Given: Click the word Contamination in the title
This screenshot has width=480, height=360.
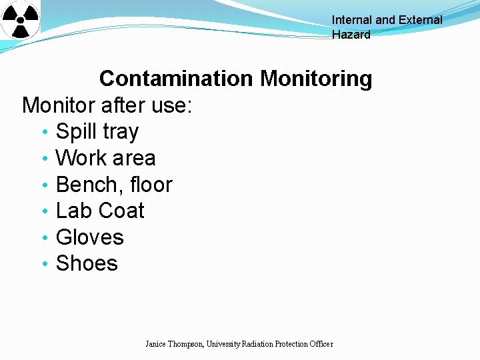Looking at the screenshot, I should [x=177, y=79].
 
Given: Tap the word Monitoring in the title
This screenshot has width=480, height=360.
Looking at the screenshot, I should [x=316, y=79].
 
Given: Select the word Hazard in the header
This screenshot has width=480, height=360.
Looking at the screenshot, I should [x=351, y=35].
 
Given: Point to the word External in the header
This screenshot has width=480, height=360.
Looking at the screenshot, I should [x=420, y=20].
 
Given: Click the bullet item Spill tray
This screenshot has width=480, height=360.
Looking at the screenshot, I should [x=97, y=132].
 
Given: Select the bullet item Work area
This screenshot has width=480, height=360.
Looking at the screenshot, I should [x=105, y=158].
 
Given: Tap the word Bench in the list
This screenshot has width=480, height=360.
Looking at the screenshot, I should [x=85, y=185].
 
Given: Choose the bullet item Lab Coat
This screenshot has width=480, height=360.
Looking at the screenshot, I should [x=100, y=211].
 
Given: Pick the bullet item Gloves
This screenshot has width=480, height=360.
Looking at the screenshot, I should [x=90, y=237].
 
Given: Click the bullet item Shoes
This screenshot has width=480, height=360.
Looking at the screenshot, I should [x=87, y=263].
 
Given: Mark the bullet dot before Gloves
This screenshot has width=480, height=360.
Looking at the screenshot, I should [x=43, y=239].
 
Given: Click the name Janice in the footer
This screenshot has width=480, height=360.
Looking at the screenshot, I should [x=157, y=344].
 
